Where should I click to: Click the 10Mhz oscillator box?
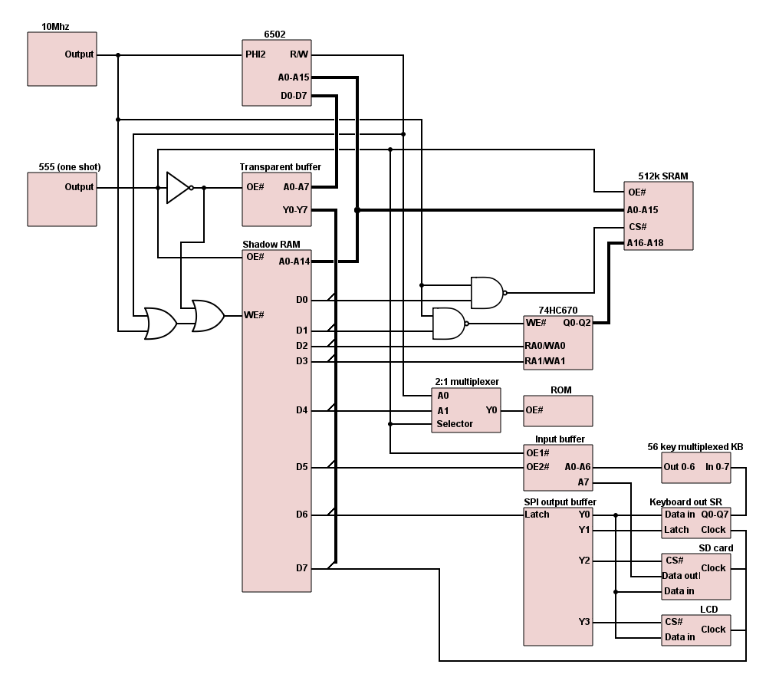pos(62,58)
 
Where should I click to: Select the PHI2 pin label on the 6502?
pos(255,54)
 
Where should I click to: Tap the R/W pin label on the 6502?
pos(299,54)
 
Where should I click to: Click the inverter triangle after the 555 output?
pos(177,187)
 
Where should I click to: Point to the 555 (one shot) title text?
pos(70,166)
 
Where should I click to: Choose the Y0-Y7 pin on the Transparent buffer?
pos(295,208)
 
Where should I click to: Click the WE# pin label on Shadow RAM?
pos(255,315)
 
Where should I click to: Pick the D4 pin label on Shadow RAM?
pos(302,410)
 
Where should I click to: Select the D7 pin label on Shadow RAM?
pos(302,568)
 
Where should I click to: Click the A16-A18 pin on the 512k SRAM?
pos(646,242)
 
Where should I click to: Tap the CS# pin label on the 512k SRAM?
pos(637,226)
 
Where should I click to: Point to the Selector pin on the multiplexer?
pos(455,424)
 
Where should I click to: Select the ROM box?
pos(558,410)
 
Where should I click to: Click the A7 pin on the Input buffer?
pos(583,482)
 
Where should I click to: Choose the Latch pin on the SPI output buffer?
pos(537,514)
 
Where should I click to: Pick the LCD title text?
pos(708,609)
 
